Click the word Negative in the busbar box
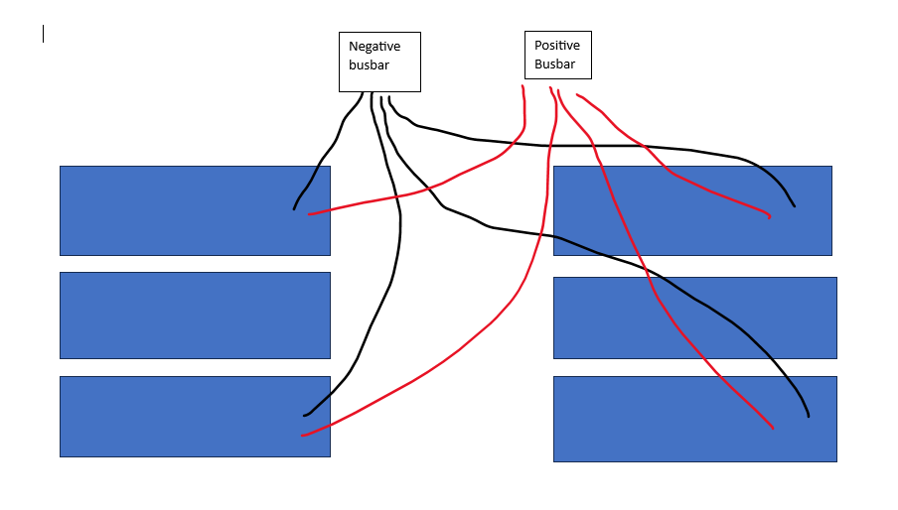click(x=374, y=47)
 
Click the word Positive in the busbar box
click(x=557, y=46)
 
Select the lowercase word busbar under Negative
click(x=369, y=64)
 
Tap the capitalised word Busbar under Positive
click(x=554, y=64)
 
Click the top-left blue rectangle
click(x=196, y=211)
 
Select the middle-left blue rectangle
click(x=196, y=316)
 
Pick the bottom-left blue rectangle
click(x=196, y=417)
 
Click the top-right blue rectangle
click(x=692, y=211)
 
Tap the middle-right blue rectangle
click(x=695, y=318)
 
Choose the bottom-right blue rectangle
click(x=695, y=419)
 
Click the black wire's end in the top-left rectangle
click(x=294, y=209)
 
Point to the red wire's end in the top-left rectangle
click(x=309, y=214)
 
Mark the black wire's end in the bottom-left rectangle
click(x=305, y=415)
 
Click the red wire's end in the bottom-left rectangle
click(x=302, y=436)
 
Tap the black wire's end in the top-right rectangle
click(x=795, y=205)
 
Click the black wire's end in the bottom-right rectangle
click(x=808, y=416)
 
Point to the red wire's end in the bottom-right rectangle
click(x=773, y=428)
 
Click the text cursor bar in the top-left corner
click(x=43, y=34)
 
